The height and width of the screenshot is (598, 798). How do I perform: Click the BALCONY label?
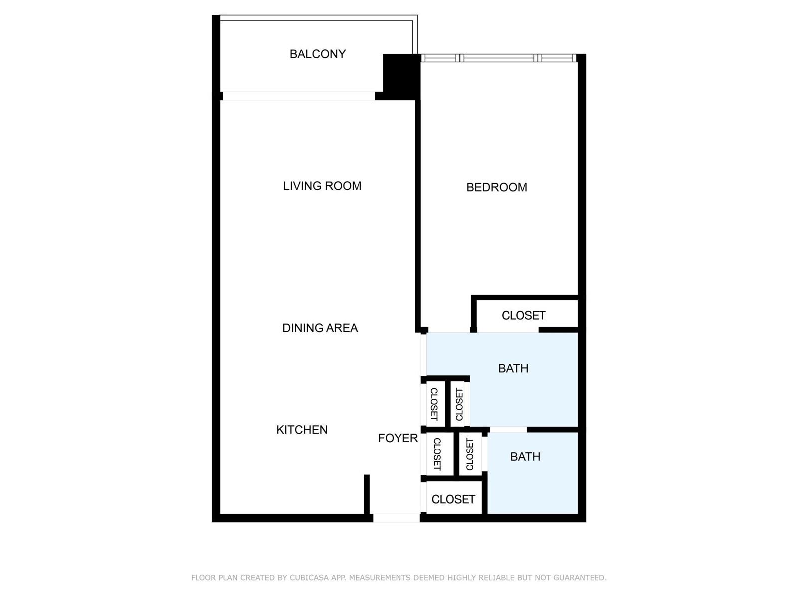[317, 54]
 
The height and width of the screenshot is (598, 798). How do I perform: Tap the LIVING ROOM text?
[322, 186]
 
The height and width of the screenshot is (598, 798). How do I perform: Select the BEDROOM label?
[497, 187]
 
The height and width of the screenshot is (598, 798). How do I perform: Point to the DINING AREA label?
[320, 328]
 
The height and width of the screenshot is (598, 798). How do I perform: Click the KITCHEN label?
[302, 430]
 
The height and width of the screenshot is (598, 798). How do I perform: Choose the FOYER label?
[398, 438]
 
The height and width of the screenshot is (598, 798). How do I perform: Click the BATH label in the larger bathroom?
[513, 369]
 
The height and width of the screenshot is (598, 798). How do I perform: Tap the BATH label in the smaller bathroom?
[525, 457]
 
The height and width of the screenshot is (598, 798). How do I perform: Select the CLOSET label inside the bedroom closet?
[524, 315]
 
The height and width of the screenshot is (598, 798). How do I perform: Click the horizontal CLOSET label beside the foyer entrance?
[453, 499]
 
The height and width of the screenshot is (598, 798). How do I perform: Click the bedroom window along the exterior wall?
[498, 58]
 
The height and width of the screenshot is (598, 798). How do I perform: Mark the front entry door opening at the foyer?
[397, 518]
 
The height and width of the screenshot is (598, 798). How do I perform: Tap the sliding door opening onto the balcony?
[299, 96]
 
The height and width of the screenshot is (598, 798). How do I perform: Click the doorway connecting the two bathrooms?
[508, 430]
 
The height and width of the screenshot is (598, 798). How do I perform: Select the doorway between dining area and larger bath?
[423, 355]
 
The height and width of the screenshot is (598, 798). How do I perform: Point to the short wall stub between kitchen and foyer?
[367, 494]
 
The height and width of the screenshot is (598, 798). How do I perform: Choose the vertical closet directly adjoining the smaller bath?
[470, 454]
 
